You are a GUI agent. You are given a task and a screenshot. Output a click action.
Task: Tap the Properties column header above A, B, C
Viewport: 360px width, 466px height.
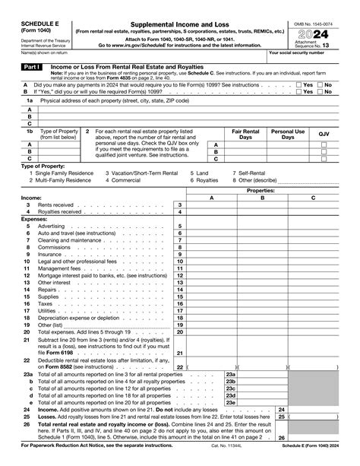[x=261, y=190]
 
